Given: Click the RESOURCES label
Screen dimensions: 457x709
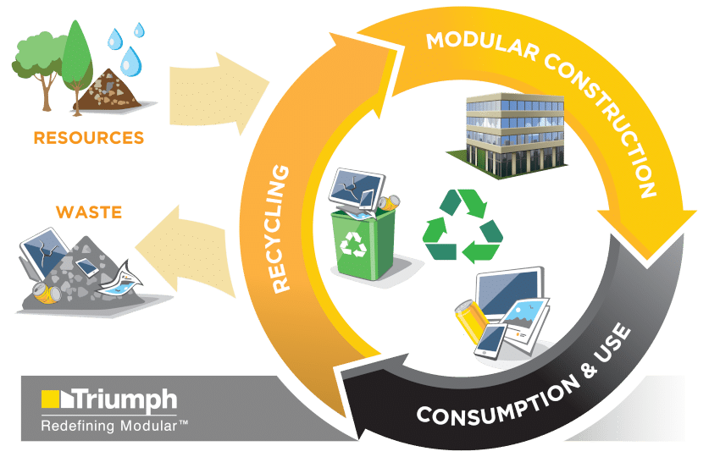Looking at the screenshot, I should tap(88, 137).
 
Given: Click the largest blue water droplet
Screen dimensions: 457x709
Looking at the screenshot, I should tap(130, 60).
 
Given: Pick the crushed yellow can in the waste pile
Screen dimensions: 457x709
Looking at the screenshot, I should tap(46, 292).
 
